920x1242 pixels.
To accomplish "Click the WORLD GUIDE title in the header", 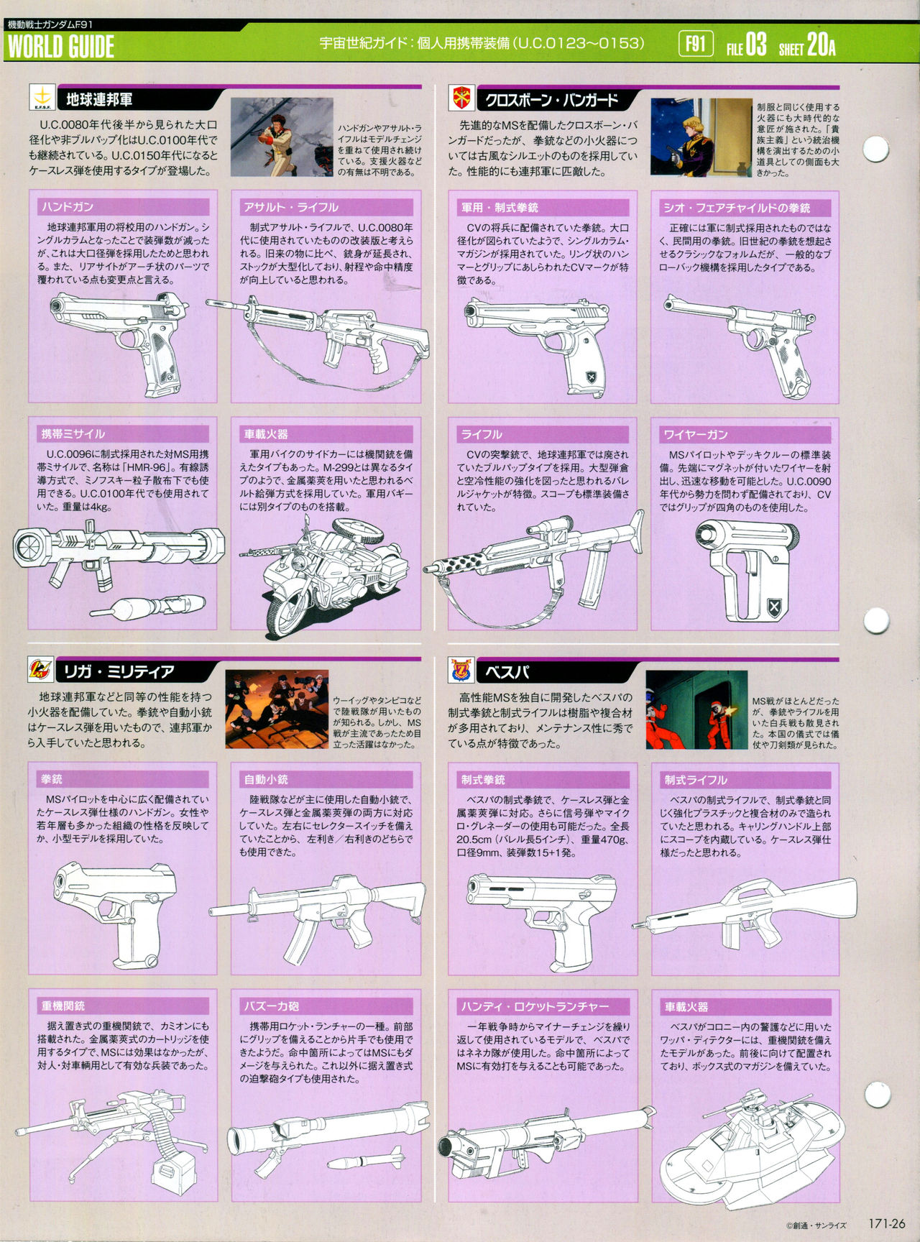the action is [x=61, y=47].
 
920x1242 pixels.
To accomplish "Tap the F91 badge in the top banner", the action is [x=695, y=45].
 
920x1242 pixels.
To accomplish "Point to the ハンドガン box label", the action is [x=68, y=207].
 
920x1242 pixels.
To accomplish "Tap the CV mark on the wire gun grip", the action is [x=774, y=607].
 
